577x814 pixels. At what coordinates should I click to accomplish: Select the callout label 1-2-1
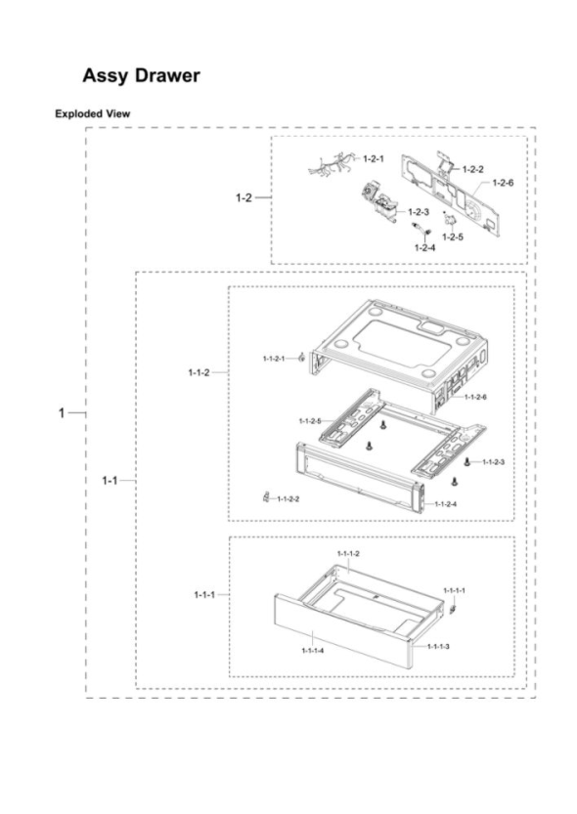point(373,158)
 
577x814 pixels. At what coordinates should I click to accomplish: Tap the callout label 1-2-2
point(472,169)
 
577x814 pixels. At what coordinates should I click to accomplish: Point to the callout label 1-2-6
point(503,182)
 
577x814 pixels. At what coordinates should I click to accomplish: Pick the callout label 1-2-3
point(419,211)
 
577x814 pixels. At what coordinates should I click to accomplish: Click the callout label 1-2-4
point(424,247)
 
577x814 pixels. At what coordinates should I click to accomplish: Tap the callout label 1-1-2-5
point(310,421)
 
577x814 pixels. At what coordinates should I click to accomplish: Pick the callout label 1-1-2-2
point(288,499)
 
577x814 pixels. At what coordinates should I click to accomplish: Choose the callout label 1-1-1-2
point(348,554)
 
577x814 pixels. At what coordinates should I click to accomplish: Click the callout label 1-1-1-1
point(455,591)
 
